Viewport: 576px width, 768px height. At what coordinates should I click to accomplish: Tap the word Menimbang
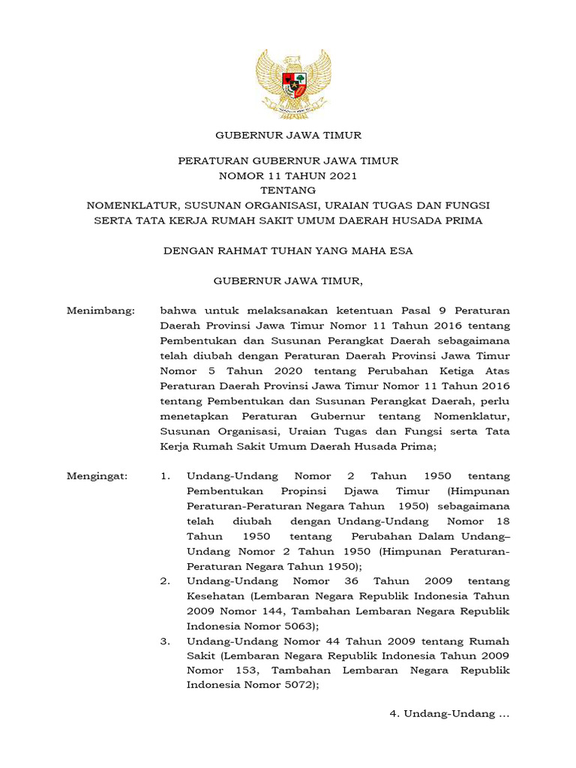pos(100,310)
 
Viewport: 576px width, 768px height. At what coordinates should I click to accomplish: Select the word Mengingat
pos(97,476)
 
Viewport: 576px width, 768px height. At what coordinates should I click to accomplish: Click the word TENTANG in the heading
pos(288,190)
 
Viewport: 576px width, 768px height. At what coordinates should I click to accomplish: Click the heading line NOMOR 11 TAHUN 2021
pos(288,175)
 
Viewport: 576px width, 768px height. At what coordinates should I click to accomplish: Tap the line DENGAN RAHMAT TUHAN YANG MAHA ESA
pos(288,250)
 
